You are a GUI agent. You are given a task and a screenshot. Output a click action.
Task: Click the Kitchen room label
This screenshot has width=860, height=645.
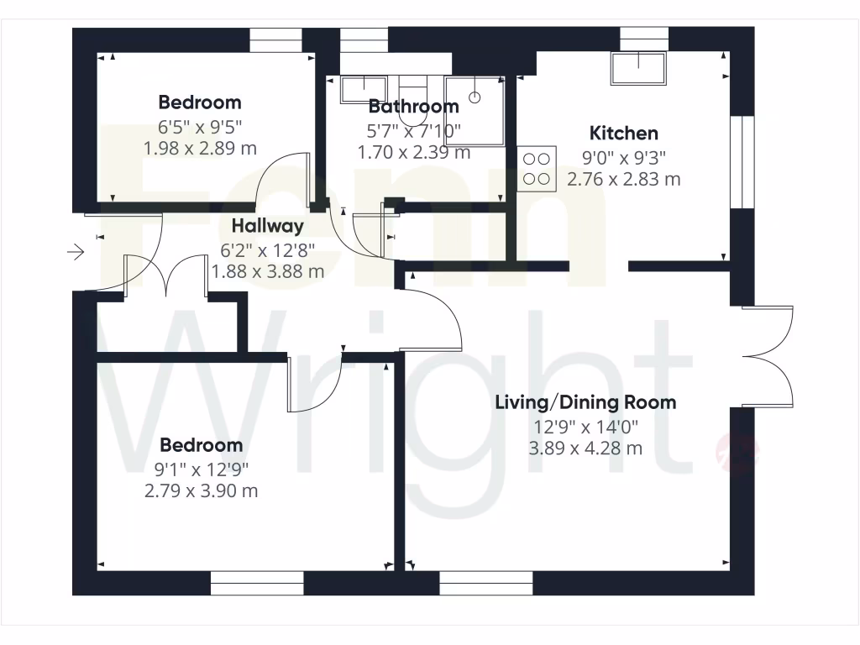pyautogui.click(x=623, y=133)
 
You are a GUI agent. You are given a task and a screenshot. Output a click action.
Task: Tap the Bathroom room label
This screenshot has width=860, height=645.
pyautogui.click(x=413, y=107)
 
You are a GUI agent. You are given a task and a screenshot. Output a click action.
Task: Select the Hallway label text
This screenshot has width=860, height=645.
pyautogui.click(x=267, y=226)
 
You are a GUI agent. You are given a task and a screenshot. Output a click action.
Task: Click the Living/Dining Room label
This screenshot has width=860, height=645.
pyautogui.click(x=585, y=402)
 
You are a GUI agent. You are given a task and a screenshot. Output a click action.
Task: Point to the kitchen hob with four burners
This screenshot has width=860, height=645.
pyautogui.click(x=537, y=168)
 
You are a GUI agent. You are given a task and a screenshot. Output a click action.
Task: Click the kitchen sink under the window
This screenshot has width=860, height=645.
pyautogui.click(x=638, y=68)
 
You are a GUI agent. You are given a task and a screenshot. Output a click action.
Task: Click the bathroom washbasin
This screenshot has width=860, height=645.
pyautogui.click(x=364, y=89)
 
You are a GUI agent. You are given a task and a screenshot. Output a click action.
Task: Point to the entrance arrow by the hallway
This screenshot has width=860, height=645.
pyautogui.click(x=76, y=251)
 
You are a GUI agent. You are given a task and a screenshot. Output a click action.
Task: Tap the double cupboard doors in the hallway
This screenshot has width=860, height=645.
pyautogui.click(x=166, y=275)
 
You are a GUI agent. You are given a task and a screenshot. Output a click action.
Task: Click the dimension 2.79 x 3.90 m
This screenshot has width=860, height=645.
pyautogui.click(x=201, y=490)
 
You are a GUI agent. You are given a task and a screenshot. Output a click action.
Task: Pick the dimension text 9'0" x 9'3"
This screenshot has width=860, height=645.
pyautogui.click(x=623, y=156)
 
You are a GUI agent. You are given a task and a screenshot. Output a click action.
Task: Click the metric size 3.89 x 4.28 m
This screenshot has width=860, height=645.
pyautogui.click(x=585, y=448)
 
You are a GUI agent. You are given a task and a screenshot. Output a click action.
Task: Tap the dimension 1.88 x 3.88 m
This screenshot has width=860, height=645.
pyautogui.click(x=267, y=271)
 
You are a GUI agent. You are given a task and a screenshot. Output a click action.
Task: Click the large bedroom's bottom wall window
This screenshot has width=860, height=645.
pyautogui.click(x=256, y=583)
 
